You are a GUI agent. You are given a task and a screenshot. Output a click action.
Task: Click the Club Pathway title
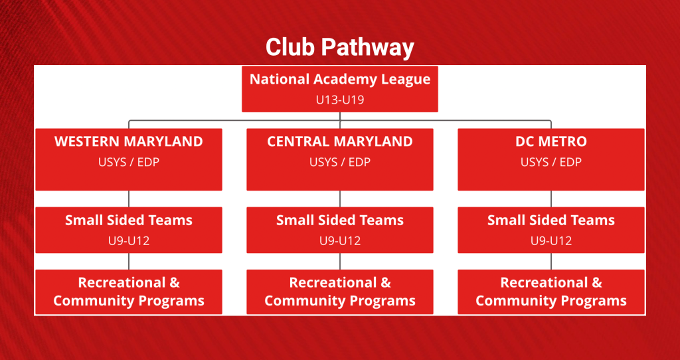pyautogui.click(x=339, y=47)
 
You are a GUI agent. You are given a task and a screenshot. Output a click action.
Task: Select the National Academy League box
pyautogui.click(x=340, y=89)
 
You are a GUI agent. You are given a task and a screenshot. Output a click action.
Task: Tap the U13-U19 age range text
pyautogui.click(x=340, y=100)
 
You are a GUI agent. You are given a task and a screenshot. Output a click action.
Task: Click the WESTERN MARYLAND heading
pyautogui.click(x=129, y=141)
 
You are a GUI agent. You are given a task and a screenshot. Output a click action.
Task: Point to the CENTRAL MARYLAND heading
pyautogui.click(x=340, y=141)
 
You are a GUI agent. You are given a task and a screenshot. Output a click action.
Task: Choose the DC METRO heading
pyautogui.click(x=551, y=141)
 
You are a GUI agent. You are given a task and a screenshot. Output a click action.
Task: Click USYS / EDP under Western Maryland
pyautogui.click(x=129, y=162)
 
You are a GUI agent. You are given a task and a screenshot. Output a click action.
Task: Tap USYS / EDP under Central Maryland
pyautogui.click(x=340, y=162)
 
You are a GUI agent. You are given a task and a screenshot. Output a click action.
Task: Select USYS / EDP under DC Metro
pyautogui.click(x=551, y=162)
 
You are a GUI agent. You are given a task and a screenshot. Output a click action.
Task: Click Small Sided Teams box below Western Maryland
pyautogui.click(x=129, y=230)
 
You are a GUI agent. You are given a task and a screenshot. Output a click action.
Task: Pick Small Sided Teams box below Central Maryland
pyautogui.click(x=340, y=230)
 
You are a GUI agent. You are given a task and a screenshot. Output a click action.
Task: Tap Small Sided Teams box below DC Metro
pyautogui.click(x=551, y=230)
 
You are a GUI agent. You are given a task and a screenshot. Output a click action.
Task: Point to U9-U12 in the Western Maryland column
pyautogui.click(x=129, y=240)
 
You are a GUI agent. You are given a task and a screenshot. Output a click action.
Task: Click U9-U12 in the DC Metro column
pyautogui.click(x=551, y=240)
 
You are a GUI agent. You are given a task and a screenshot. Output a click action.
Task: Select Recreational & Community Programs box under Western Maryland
pyautogui.click(x=129, y=292)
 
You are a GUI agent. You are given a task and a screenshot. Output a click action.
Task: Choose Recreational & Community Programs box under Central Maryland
pyautogui.click(x=340, y=292)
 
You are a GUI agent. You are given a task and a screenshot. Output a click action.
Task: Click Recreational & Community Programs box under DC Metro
pyautogui.click(x=551, y=292)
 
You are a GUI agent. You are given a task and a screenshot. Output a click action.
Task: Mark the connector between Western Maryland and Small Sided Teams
pyautogui.click(x=129, y=199)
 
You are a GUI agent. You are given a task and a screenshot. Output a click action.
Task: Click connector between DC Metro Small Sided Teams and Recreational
pyautogui.click(x=551, y=261)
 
